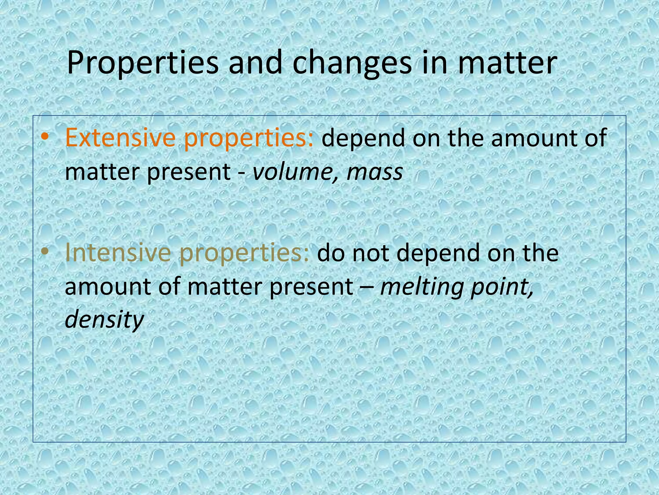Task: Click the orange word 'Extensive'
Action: [x=120, y=138]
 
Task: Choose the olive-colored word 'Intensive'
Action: [x=118, y=253]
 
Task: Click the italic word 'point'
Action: [x=502, y=287]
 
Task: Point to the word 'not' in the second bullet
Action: [x=371, y=253]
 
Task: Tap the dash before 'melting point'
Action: [x=367, y=287]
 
